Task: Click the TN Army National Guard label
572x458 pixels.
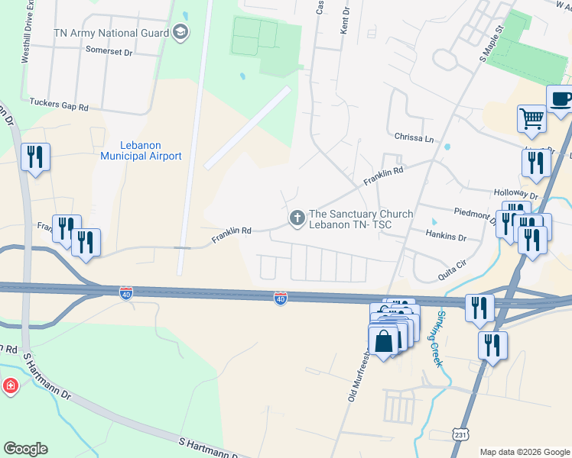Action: [112, 33]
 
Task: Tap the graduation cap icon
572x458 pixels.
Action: [180, 32]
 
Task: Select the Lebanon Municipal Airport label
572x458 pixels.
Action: [141, 150]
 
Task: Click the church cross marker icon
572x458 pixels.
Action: [297, 219]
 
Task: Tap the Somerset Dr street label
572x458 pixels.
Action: [110, 53]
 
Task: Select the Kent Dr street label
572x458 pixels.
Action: [346, 13]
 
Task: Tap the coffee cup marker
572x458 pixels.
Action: [560, 98]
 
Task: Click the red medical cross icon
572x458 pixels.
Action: [10, 385]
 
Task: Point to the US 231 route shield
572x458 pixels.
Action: [457, 434]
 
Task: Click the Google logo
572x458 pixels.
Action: [25, 449]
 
